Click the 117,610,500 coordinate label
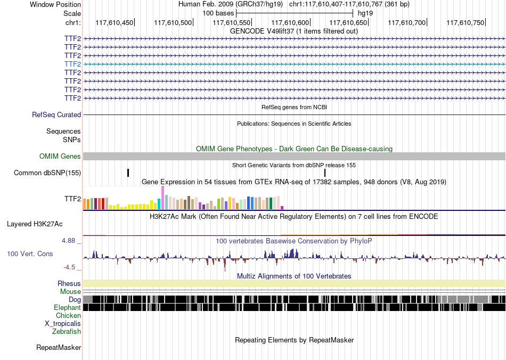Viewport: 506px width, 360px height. pos(173,22)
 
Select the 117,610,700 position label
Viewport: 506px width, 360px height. pos(406,22)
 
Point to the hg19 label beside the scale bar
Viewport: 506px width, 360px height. pos(365,13)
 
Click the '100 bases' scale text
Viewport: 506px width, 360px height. pos(218,13)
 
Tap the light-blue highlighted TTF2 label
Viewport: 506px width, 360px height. pos(72,64)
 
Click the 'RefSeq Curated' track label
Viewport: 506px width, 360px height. pos(56,115)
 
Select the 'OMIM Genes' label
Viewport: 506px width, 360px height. pos(60,157)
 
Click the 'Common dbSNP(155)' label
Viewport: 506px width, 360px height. pos(47,173)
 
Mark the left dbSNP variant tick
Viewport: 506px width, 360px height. pos(128,173)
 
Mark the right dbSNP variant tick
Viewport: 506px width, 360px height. pos(325,173)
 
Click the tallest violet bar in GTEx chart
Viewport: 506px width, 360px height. pos(162,198)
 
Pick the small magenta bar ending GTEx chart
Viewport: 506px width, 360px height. pos(282,208)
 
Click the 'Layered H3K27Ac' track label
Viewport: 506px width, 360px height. pos(35,224)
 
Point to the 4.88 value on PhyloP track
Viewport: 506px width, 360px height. pos(68,241)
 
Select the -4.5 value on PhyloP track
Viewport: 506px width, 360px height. pos(69,267)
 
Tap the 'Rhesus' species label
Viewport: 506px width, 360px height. pos(69,283)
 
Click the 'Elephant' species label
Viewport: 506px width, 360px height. pos(67,307)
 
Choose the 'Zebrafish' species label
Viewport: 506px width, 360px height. pos(67,331)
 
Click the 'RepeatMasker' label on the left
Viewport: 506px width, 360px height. pos(59,347)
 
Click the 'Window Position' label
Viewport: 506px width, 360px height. pos(55,4)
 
